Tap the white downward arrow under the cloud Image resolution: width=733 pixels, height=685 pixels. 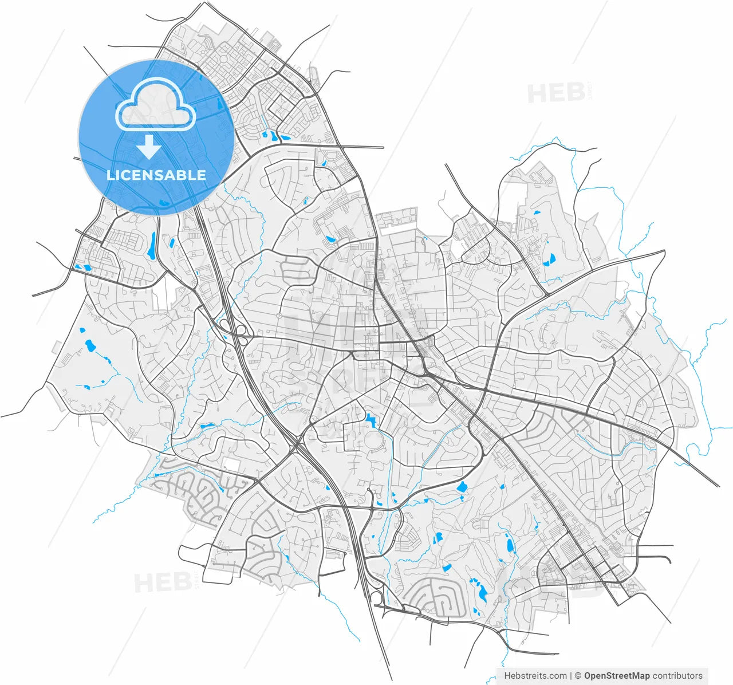coord(149,147)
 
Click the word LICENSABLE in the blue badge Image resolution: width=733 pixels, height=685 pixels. coord(156,175)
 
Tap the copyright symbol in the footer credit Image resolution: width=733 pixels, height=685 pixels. coord(578,676)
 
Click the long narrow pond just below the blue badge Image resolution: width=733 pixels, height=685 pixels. coord(152,246)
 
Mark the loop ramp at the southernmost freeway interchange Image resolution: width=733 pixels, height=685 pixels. coord(376,598)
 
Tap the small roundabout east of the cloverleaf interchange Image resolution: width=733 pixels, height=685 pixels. coord(279,315)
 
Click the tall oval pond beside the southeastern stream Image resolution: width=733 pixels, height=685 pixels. coord(509,545)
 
